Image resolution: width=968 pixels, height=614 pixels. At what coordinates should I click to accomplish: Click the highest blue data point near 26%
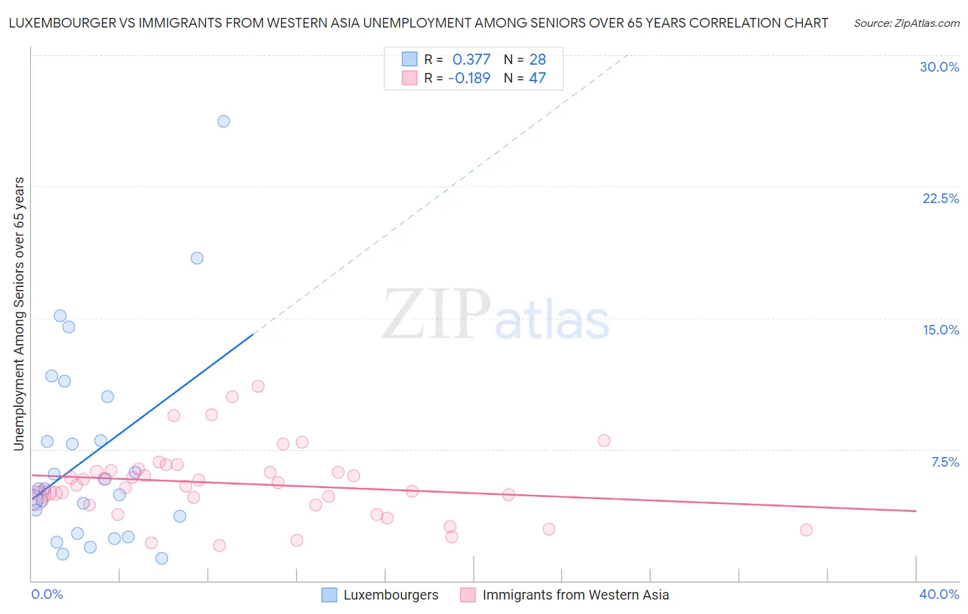[224, 121]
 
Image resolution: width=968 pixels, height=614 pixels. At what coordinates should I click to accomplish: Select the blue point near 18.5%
[197, 258]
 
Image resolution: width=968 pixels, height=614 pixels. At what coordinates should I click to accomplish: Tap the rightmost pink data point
[806, 530]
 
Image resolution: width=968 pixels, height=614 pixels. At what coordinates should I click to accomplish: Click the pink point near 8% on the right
[604, 441]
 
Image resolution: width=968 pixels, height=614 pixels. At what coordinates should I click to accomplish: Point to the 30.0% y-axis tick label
[939, 67]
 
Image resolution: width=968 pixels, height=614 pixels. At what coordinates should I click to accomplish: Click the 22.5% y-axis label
[940, 198]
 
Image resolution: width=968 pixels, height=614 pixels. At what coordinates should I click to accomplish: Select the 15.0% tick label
[940, 330]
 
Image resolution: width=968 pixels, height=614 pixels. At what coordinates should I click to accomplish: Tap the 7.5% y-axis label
[945, 462]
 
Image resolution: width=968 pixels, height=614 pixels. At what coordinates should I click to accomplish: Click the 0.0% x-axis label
[47, 594]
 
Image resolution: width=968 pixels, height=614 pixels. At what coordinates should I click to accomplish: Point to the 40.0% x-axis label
[938, 594]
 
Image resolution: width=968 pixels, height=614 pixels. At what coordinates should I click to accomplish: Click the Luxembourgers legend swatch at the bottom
[329, 595]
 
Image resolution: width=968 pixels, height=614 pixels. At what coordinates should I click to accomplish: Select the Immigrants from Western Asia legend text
[576, 595]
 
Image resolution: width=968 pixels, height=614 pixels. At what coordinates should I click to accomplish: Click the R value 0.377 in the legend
[471, 60]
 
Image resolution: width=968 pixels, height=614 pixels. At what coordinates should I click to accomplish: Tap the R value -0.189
[469, 78]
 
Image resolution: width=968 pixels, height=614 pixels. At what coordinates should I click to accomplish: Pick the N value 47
[537, 78]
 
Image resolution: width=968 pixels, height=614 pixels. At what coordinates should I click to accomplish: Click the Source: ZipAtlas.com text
[906, 23]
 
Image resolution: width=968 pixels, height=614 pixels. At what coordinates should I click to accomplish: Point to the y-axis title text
[19, 314]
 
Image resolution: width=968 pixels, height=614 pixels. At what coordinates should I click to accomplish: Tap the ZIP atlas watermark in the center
[496, 314]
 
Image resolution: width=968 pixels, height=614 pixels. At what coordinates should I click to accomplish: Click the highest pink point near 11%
[258, 386]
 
